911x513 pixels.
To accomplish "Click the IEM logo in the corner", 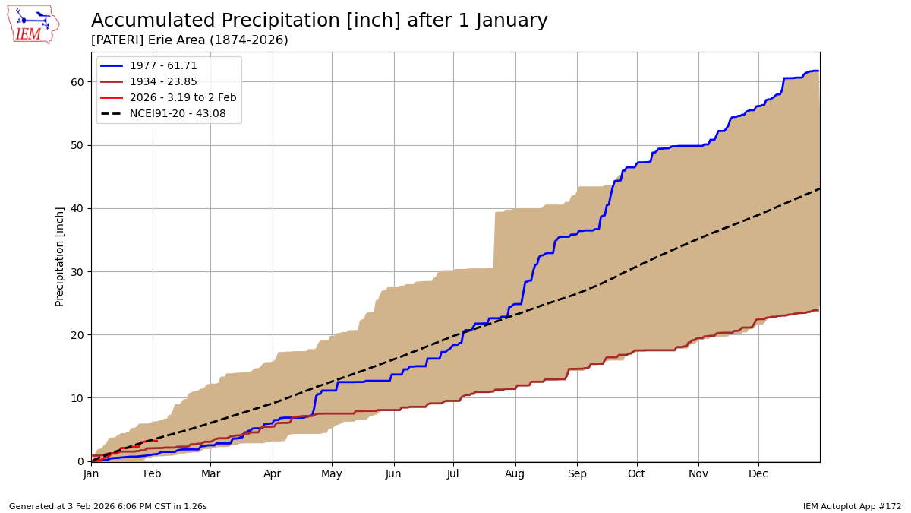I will [33, 24].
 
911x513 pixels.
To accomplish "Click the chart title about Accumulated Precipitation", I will [319, 21].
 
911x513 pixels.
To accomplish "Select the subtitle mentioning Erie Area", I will [190, 40].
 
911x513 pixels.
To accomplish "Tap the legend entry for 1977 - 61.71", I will [163, 66].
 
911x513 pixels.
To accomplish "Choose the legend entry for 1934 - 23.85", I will [163, 82].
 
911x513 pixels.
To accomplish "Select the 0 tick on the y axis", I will [81, 461].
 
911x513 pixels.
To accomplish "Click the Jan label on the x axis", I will [91, 474].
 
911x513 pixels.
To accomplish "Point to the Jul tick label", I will [453, 474].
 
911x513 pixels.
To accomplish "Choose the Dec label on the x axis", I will [758, 474].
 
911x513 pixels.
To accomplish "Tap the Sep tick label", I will [577, 474].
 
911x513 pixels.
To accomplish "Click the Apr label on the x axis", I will [272, 474].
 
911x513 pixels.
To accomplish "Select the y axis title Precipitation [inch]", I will [60, 256].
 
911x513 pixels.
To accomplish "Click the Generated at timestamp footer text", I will [108, 506].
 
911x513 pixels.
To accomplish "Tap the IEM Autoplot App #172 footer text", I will [852, 506].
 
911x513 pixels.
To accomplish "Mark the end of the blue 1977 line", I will [818, 71].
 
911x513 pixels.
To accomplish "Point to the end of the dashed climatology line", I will [819, 188].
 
